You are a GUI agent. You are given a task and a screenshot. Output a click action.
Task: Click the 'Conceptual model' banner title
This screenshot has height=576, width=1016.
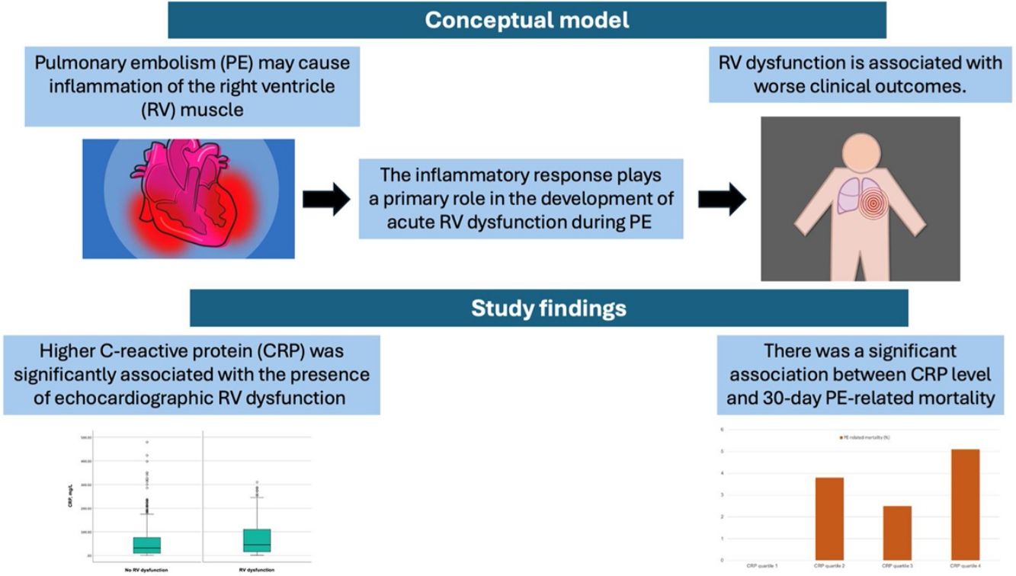tap(527, 20)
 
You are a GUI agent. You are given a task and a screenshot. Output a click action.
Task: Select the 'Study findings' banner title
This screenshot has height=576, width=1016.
tap(548, 308)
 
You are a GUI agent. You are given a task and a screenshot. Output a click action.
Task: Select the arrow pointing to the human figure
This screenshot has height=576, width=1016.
tap(722, 199)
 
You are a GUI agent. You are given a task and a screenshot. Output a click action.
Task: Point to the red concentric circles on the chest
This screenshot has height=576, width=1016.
tap(878, 206)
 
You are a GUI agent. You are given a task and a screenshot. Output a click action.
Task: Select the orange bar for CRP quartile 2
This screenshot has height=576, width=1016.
tap(829, 518)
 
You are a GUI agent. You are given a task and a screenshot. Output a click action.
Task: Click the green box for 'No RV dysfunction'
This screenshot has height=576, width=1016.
tap(146, 545)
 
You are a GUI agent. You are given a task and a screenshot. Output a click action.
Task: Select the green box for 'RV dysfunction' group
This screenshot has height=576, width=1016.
tap(257, 540)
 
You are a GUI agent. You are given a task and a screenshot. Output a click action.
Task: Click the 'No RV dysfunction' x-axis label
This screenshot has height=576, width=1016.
tap(146, 570)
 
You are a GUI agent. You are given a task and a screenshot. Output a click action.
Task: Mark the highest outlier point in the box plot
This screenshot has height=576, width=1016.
tap(146, 442)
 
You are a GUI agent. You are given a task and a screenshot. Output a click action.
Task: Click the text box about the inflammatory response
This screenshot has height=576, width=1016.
tap(521, 199)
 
